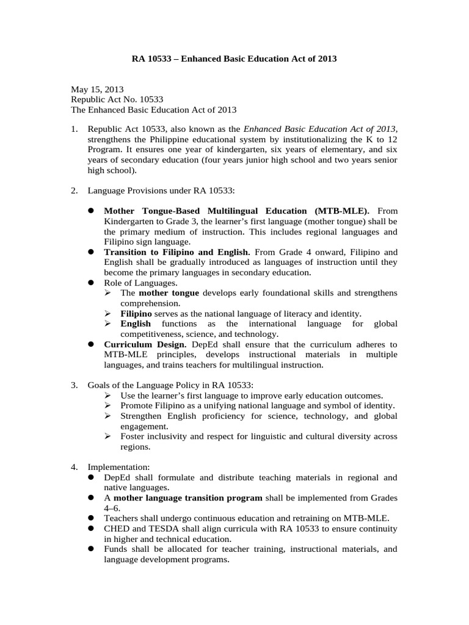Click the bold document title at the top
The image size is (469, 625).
234,59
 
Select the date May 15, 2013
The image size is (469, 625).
93,89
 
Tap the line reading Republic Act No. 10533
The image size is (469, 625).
117,99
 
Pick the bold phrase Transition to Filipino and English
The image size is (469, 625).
177,252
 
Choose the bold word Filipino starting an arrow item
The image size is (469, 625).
136,314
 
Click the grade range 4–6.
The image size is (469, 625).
112,508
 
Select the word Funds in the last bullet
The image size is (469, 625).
116,549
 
